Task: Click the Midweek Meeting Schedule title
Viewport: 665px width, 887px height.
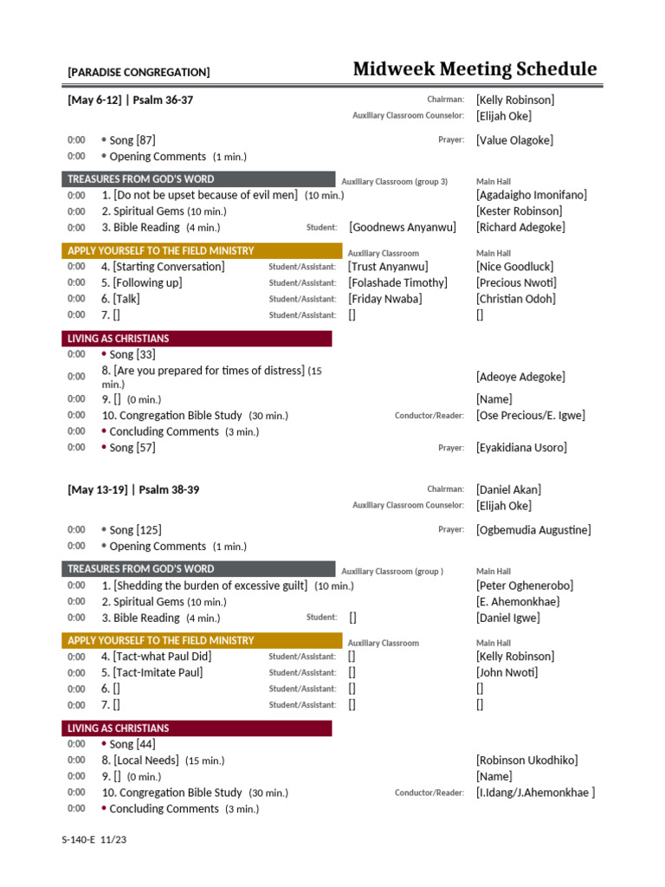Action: click(475, 69)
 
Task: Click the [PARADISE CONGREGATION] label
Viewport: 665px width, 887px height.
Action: click(139, 73)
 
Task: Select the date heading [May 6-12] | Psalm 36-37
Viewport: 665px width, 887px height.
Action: click(131, 100)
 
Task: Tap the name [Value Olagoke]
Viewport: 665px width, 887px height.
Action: click(514, 140)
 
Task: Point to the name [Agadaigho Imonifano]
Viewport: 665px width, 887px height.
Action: click(531, 196)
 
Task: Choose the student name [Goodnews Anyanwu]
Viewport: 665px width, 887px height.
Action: click(402, 228)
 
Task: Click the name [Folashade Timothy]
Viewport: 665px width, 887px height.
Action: click(397, 283)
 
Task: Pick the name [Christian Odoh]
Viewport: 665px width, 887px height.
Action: click(516, 299)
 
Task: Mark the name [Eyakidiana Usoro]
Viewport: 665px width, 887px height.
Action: click(521, 448)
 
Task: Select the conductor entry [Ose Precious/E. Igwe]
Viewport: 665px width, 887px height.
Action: click(530, 416)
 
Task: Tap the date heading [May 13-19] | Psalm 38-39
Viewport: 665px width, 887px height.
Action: click(133, 490)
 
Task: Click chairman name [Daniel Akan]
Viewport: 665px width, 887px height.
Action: click(511, 490)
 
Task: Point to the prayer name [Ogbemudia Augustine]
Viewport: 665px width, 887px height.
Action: click(533, 530)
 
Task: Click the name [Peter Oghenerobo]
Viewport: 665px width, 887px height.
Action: click(525, 586)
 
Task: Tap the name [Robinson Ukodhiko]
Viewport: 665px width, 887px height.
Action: click(526, 761)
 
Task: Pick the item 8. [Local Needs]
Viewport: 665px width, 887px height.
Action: click(140, 761)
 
